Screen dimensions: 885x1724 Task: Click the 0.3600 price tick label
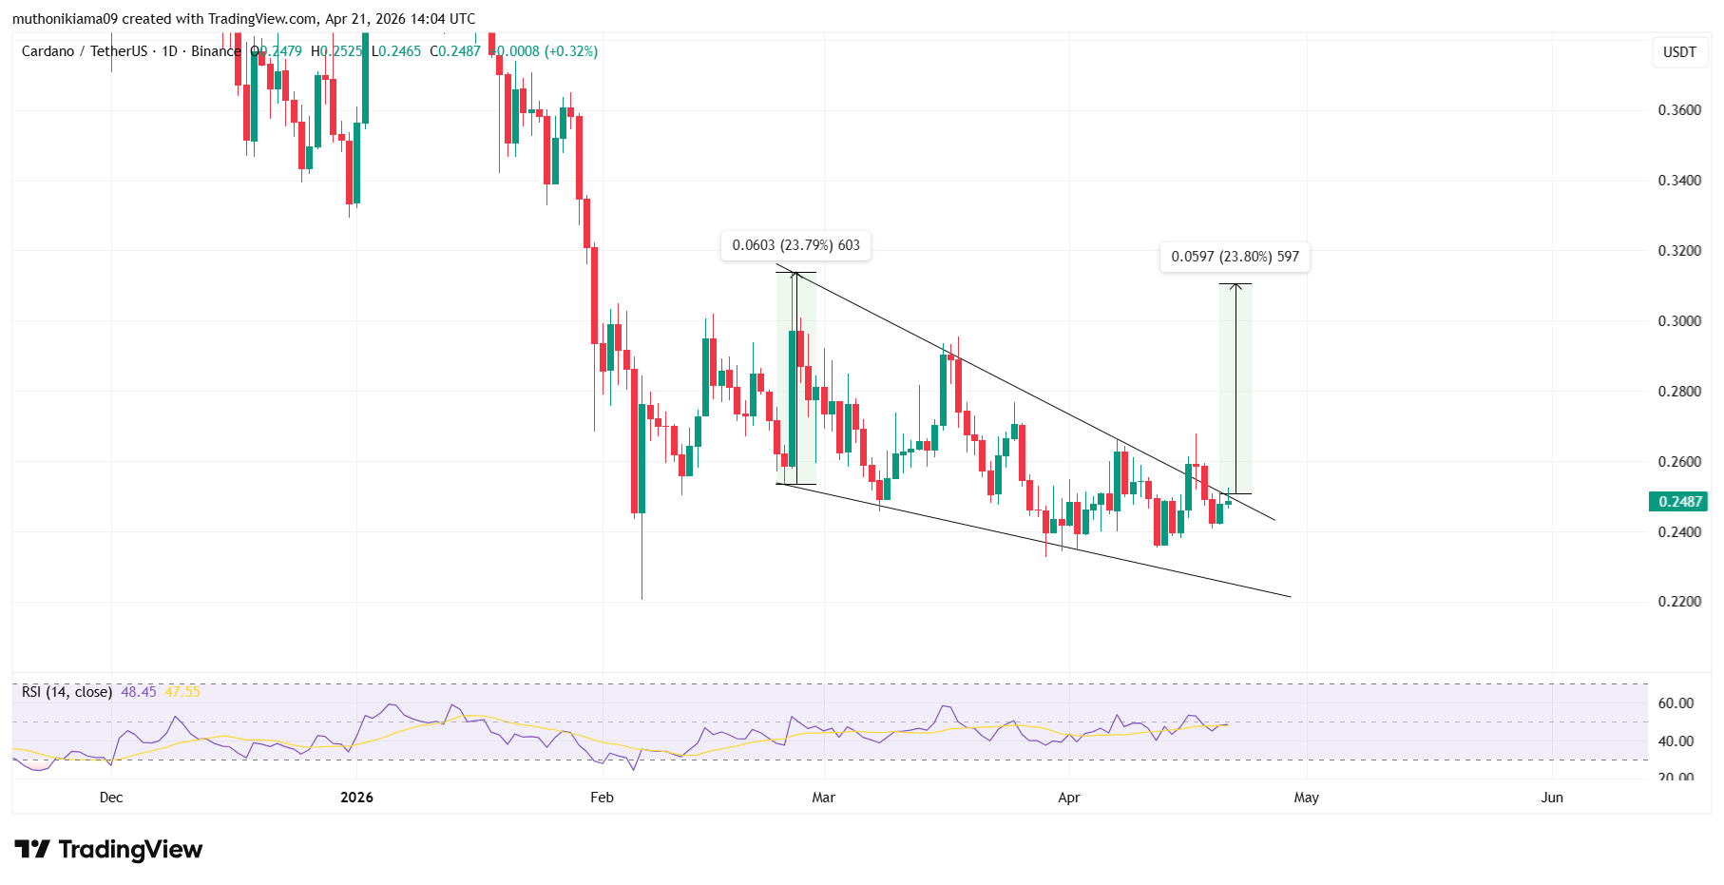pos(1679,110)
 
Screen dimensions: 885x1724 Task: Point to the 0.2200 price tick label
pos(1679,602)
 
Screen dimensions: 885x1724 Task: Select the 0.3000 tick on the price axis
pos(1679,321)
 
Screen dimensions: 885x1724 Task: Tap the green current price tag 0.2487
pos(1678,501)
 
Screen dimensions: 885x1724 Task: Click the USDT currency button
pos(1679,52)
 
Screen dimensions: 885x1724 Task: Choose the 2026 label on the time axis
pos(356,798)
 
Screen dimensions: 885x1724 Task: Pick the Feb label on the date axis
pos(602,798)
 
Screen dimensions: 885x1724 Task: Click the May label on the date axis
pos(1306,798)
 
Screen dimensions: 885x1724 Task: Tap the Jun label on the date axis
pos(1551,798)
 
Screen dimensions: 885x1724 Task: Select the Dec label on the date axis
pos(111,798)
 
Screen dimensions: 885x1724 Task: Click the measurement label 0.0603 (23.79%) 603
pos(795,245)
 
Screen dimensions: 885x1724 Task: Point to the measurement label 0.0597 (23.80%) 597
pos(1235,257)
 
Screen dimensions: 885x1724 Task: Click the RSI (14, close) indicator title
pos(67,692)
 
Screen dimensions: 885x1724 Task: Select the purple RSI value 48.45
pos(139,692)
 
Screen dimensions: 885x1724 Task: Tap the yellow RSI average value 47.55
pos(182,692)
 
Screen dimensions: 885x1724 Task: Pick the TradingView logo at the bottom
pos(108,849)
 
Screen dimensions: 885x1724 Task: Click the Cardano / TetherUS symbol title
pos(86,51)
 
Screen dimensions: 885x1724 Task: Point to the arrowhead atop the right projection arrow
pos(1236,285)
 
